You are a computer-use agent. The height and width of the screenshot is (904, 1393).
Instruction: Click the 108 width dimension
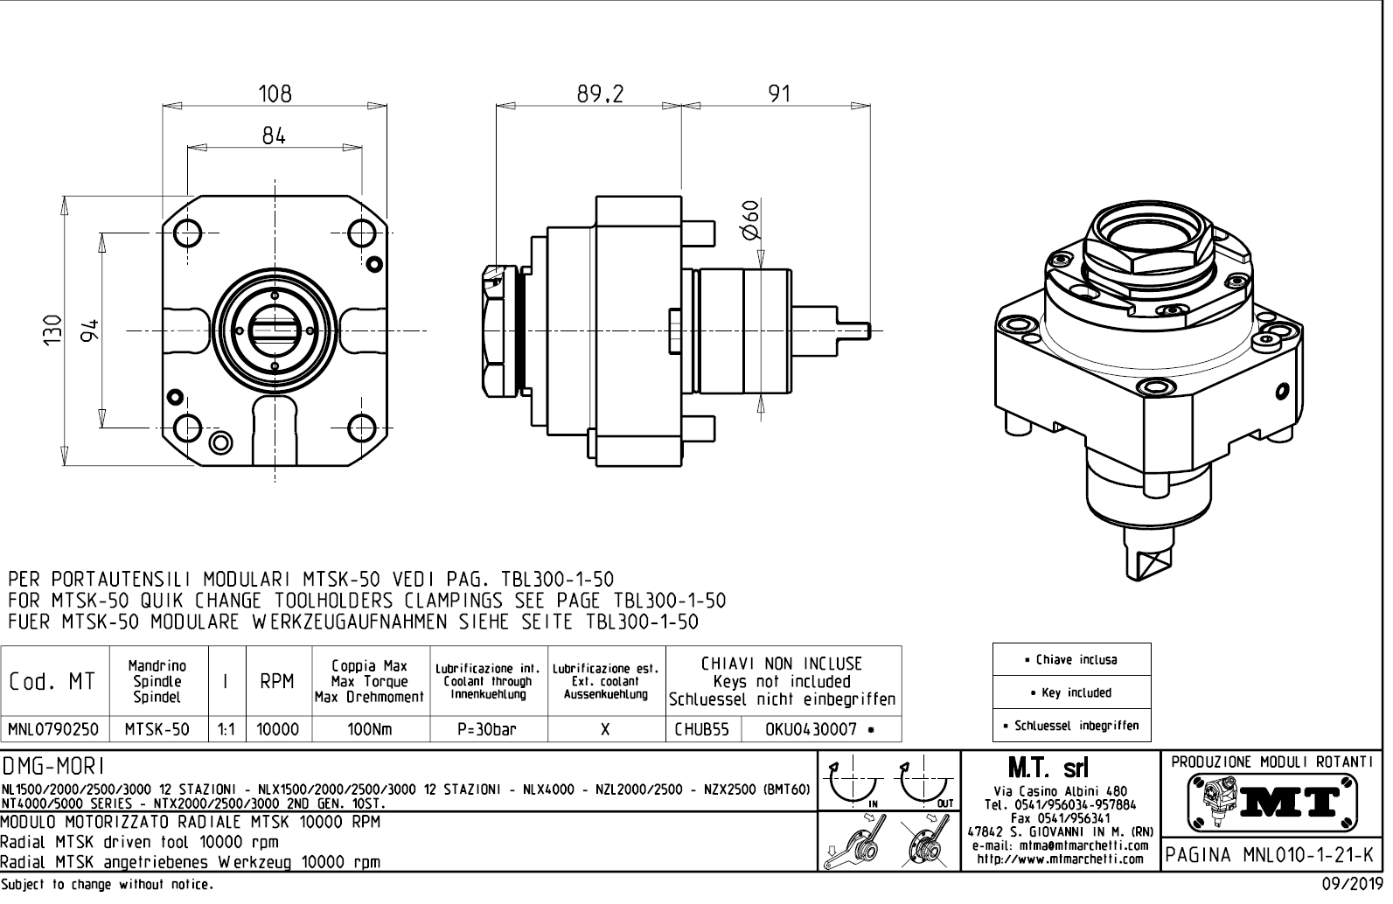pos(275,93)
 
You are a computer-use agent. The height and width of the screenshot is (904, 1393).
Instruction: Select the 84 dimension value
pos(274,136)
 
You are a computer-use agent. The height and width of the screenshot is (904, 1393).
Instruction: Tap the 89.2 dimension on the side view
pos(600,94)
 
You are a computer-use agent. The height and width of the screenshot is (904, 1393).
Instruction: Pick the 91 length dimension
pos(778,94)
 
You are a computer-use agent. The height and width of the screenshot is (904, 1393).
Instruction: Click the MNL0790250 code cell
pos(53,729)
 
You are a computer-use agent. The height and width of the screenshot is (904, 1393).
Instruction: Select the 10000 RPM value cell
pos(277,729)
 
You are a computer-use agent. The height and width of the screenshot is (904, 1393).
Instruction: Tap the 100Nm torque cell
pos(370,729)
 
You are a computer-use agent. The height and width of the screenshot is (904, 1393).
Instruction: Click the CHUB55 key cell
pos(701,729)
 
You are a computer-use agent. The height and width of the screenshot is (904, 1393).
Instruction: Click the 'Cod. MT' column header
pos(52,681)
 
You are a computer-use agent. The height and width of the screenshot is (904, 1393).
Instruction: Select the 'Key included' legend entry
pos(1071,692)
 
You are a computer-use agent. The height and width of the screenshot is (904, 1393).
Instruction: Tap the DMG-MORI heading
pos(54,767)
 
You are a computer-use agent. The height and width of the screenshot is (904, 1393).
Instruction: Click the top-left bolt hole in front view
pos(188,233)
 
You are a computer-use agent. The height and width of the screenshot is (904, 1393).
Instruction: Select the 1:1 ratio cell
pos(226,729)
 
